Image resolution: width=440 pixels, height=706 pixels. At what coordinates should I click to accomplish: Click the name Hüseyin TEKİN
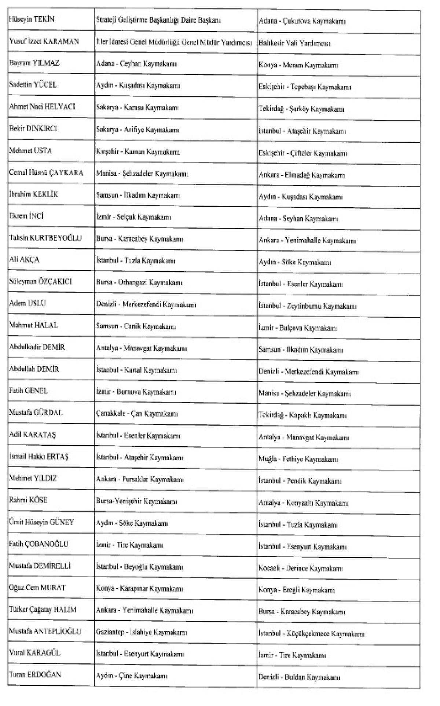pyautogui.click(x=32, y=19)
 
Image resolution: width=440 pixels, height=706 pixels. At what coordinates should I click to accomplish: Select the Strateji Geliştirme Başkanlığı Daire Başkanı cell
pyautogui.click(x=158, y=21)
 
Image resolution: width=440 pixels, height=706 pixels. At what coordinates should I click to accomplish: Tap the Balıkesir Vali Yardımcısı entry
pyautogui.click(x=294, y=43)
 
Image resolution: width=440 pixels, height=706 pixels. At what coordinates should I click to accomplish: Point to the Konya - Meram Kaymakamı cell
pyautogui.click(x=298, y=65)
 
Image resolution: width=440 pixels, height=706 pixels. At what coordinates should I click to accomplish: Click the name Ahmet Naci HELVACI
pyautogui.click(x=42, y=107)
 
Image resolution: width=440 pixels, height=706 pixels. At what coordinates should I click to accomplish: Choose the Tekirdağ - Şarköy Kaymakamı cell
pyautogui.click(x=301, y=109)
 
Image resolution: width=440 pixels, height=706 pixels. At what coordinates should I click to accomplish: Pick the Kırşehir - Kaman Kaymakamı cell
pyautogui.click(x=138, y=151)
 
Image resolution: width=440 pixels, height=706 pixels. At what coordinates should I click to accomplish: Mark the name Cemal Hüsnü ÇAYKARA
pyautogui.click(x=46, y=172)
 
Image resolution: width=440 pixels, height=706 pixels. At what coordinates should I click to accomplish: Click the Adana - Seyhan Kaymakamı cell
pyautogui.click(x=298, y=219)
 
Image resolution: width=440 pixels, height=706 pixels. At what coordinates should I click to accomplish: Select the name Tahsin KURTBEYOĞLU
pyautogui.click(x=45, y=238)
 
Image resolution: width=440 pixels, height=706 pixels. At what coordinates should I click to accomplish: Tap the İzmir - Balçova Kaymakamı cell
pyautogui.click(x=298, y=328)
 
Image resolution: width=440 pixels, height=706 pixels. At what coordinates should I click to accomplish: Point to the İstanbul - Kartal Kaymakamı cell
pyautogui.click(x=136, y=370)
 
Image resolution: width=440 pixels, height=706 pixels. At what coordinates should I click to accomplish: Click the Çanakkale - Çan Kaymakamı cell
pyautogui.click(x=137, y=414)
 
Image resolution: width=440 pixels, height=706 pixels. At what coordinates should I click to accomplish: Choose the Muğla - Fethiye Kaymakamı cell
pyautogui.click(x=298, y=459)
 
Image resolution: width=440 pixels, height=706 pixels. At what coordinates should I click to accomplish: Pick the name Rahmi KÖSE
pyautogui.click(x=28, y=500)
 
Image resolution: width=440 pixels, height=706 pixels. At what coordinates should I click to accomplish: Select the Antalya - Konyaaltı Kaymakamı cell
pyautogui.click(x=303, y=503)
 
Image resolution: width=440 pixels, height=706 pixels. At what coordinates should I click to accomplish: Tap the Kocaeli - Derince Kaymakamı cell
pyautogui.click(x=301, y=568)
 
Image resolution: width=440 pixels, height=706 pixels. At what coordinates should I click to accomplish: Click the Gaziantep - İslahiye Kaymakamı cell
pyautogui.click(x=142, y=632)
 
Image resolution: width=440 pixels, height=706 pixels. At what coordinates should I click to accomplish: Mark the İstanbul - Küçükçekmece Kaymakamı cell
pyautogui.click(x=311, y=634)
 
